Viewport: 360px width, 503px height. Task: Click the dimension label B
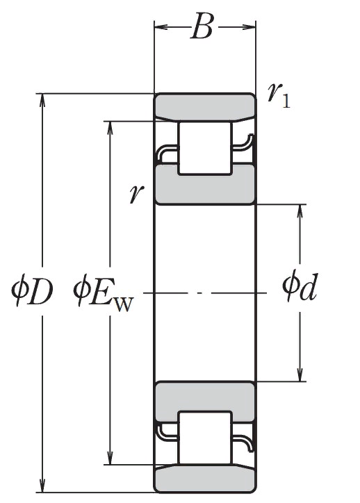click(x=202, y=26)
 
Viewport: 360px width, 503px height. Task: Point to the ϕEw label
click(x=103, y=294)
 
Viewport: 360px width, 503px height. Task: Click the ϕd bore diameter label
click(x=300, y=286)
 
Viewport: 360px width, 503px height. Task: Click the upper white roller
click(x=205, y=148)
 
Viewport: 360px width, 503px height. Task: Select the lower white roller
click(x=205, y=438)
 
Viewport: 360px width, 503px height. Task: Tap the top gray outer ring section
click(x=205, y=107)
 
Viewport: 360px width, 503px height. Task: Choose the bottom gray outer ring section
click(x=205, y=478)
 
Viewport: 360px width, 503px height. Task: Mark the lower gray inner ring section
click(x=205, y=401)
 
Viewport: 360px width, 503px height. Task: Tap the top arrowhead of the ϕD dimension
click(x=42, y=100)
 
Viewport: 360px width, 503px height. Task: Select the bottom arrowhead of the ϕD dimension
click(x=42, y=486)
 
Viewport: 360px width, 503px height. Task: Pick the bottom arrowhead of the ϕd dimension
click(x=300, y=374)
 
